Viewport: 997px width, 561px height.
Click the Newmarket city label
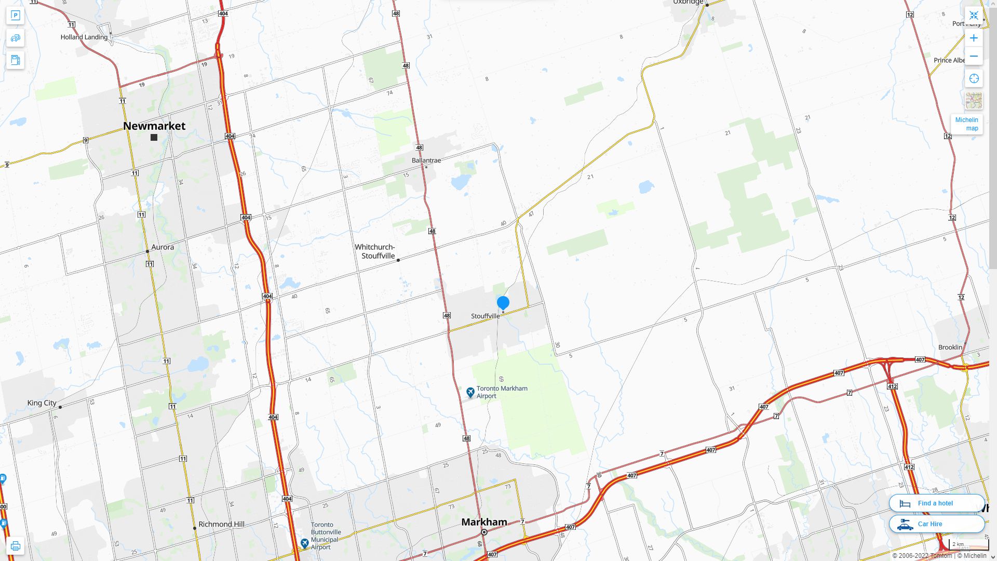pos(154,126)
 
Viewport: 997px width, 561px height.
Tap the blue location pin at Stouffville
pos(503,303)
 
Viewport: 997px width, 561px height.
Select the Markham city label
pos(484,522)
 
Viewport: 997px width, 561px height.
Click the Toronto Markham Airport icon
pos(470,392)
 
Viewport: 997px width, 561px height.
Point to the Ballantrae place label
pos(426,160)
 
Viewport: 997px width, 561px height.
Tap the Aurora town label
pos(163,247)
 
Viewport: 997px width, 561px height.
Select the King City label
pos(42,403)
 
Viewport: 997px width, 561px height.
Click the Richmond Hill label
pos(221,524)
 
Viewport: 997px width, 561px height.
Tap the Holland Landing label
pos(84,37)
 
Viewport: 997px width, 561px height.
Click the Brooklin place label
pos(950,347)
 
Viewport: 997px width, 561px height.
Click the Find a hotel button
pos(936,503)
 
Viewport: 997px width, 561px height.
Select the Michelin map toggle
pos(966,124)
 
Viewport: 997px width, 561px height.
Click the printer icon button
pos(16,546)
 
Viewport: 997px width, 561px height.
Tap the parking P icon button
pos(16,16)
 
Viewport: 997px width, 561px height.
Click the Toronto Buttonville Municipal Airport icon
pos(305,543)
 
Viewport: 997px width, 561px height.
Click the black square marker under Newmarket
pos(154,138)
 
